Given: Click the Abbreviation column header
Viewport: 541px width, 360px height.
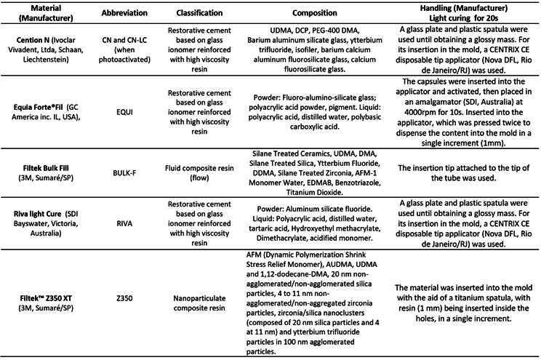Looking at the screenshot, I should (x=119, y=12).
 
